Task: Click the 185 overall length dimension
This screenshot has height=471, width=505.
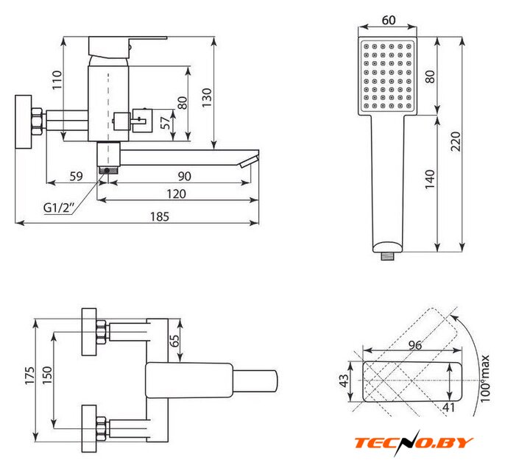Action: [x=160, y=216]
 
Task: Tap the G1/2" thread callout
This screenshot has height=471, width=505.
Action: [x=59, y=208]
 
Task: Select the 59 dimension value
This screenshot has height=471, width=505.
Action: [x=77, y=177]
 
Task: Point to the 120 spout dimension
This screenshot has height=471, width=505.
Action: [x=176, y=194]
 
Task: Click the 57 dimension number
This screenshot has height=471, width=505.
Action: [x=166, y=123]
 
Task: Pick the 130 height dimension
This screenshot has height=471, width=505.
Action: [x=206, y=98]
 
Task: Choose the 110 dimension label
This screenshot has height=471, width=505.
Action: [x=57, y=79]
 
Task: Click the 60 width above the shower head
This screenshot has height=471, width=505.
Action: [x=389, y=21]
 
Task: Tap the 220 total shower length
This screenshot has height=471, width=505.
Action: [x=456, y=141]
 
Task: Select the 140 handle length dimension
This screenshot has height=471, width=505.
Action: [x=430, y=180]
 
